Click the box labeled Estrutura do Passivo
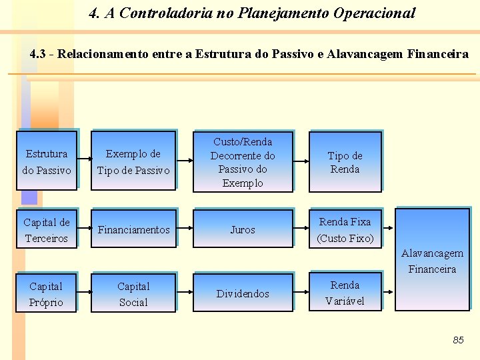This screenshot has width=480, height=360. tap(47, 161)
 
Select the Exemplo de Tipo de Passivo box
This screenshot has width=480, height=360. tap(133, 161)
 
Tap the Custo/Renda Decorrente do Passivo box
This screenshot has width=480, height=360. tap(243, 162)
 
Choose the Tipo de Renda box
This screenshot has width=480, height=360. tap(345, 162)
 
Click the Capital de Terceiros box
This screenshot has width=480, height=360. tap(47, 230)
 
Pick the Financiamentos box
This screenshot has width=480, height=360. tap(133, 230)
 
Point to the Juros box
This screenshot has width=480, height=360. tap(243, 230)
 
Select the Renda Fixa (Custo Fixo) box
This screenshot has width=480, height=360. tap(345, 230)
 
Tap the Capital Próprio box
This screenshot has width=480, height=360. tap(47, 294)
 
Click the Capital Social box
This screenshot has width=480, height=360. tap(133, 294)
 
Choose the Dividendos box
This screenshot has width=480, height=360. tap(243, 294)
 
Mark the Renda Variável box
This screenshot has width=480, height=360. tap(345, 293)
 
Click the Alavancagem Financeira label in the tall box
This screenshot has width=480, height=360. tap(432, 261)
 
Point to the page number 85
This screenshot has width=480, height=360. tap(458, 340)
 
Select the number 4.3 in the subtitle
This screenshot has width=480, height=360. tap(39, 54)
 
